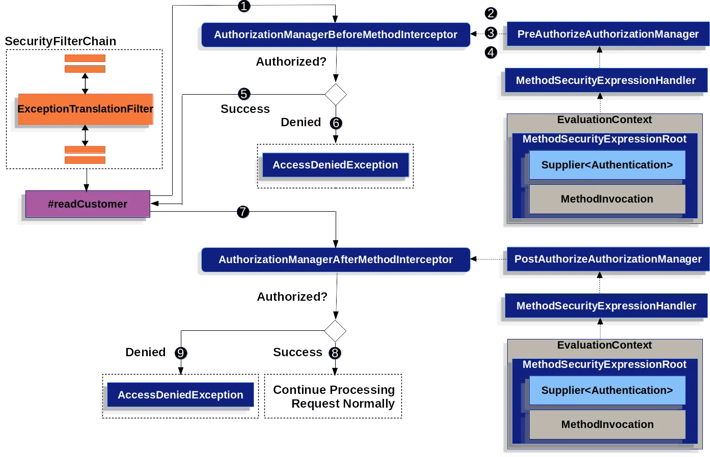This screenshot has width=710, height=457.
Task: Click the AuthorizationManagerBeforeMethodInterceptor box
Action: click(336, 35)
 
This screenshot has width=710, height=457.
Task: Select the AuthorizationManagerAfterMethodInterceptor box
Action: click(336, 260)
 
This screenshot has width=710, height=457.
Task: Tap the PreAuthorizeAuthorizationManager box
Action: click(608, 34)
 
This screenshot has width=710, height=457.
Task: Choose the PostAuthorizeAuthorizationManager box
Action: click(608, 259)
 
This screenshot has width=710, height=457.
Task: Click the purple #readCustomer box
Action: click(88, 204)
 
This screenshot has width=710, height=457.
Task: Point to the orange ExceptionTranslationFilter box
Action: click(86, 109)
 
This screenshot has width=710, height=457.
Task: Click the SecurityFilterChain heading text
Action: click(61, 41)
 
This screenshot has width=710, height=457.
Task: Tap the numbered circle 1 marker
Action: click(244, 6)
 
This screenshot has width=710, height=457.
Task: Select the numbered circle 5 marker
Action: click(244, 94)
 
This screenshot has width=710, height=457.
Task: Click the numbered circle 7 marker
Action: click(243, 212)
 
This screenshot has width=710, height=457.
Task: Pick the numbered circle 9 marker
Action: click(181, 353)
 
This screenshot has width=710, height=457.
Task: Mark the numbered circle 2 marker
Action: click(491, 13)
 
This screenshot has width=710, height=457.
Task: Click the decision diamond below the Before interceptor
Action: click(336, 94)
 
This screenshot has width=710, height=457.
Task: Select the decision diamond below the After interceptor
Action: click(335, 331)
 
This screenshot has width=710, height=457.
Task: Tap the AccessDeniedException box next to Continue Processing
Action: click(180, 394)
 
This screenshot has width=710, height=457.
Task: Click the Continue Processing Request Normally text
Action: click(334, 396)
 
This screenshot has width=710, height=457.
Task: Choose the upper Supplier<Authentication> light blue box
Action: click(607, 165)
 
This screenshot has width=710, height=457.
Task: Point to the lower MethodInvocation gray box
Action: click(607, 424)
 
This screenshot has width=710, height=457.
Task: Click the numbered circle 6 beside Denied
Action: click(336, 123)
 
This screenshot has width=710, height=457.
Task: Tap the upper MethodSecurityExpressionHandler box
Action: click(606, 80)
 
